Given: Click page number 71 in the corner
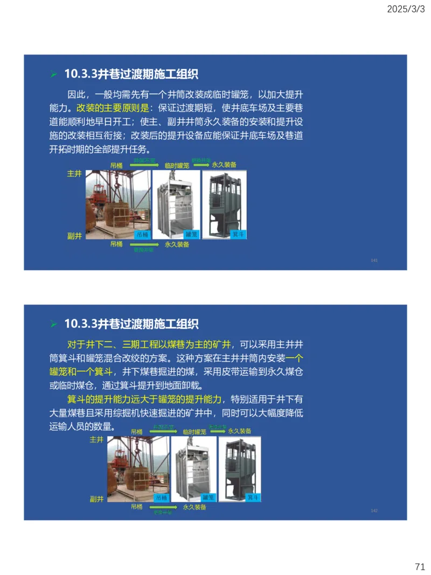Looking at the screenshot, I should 420,566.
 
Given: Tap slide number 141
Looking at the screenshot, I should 374,261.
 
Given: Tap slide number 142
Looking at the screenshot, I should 374,510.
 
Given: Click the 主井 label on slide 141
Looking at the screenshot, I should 74,175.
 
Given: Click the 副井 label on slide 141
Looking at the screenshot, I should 74,235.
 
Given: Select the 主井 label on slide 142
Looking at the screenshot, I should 96,440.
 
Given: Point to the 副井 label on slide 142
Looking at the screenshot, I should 96,499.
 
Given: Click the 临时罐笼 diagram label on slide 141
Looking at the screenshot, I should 177,165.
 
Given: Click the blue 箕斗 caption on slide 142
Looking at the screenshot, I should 253,497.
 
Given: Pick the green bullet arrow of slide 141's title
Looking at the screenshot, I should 53,74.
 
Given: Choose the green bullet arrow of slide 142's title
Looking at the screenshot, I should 53,324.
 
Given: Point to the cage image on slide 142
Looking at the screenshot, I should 193,469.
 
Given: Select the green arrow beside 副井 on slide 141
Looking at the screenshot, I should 143,245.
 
